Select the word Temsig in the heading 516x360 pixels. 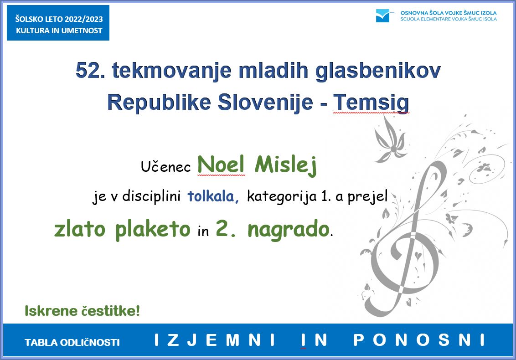tap(371, 103)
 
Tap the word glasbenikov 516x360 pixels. tap(378, 71)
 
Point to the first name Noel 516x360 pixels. tap(221, 164)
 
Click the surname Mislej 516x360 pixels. tap(286, 165)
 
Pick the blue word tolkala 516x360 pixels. tap(213, 196)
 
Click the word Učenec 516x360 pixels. tap(166, 166)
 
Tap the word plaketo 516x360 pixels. tap(153, 229)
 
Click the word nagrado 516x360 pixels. tap(289, 229)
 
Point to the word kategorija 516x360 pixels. tap(282, 196)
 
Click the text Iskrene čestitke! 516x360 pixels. tap(82, 311)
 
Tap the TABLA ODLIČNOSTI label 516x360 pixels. tap(72, 343)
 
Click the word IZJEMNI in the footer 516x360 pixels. tap(215, 340)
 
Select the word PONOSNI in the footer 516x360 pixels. tap(419, 340)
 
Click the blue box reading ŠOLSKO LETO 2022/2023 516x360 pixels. tap(58, 23)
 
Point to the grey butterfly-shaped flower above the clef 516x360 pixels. tap(390, 140)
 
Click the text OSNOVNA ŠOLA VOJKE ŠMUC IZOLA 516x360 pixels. tap(449, 13)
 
